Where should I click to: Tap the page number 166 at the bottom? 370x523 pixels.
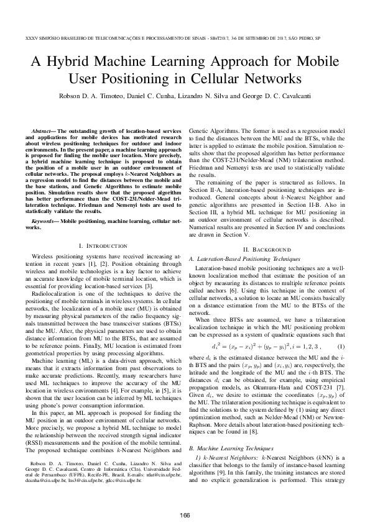pyautogui.click(x=185, y=498)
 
